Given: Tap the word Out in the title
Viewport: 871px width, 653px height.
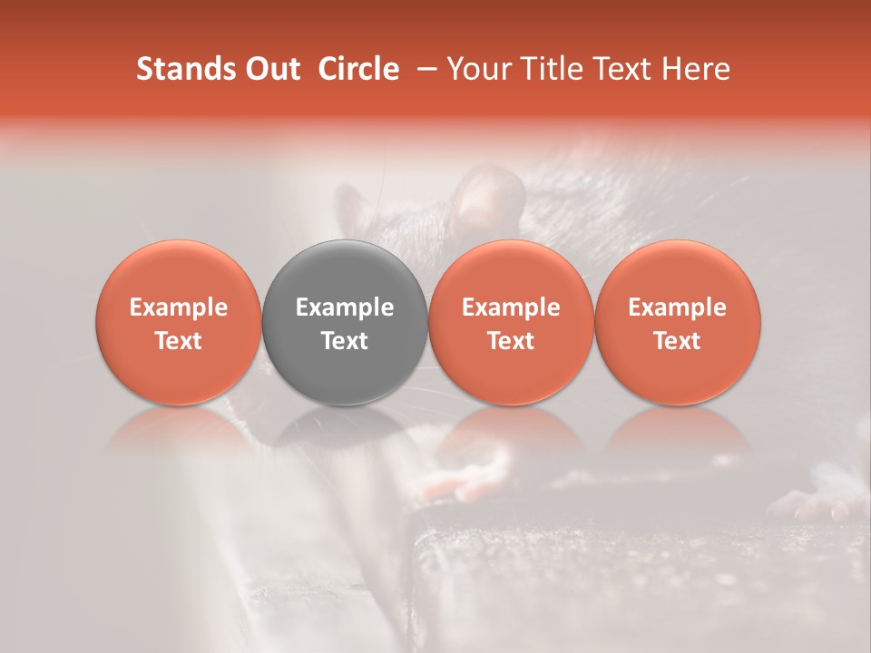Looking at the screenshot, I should pyautogui.click(x=270, y=69).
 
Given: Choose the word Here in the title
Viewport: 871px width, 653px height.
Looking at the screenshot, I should pyautogui.click(x=694, y=69).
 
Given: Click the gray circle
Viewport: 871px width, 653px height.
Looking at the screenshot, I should pyautogui.click(x=345, y=322).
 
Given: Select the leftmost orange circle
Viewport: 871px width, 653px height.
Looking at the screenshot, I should pyautogui.click(x=179, y=322).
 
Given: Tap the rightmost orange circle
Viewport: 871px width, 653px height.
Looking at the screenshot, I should pyautogui.click(x=678, y=322).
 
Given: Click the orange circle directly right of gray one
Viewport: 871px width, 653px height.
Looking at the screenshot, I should pyautogui.click(x=511, y=322).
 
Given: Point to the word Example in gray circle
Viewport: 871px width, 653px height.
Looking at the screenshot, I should pyautogui.click(x=345, y=307).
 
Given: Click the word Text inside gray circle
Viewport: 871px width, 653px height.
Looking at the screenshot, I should pyautogui.click(x=345, y=341).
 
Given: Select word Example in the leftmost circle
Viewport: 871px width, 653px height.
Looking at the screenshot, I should pyautogui.click(x=179, y=307).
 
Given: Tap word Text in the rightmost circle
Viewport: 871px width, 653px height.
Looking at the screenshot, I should pyautogui.click(x=678, y=341).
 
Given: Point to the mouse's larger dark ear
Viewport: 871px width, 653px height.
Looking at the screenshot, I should pyautogui.click(x=490, y=195).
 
